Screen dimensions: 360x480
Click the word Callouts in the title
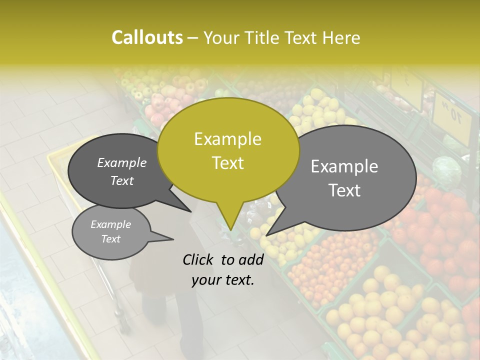coord(147,37)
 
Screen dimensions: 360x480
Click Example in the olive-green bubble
coord(227,139)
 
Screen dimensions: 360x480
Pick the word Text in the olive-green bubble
coord(227,163)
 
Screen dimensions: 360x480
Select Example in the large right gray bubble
coord(344,166)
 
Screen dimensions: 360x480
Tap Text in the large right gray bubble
coord(344,190)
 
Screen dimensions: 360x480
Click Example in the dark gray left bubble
coord(122,162)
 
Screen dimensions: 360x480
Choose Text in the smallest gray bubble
coord(111,239)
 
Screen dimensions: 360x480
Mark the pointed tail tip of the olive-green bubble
coord(230,230)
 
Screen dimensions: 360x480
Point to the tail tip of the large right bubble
coord(266,235)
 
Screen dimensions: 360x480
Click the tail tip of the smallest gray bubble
coord(173,239)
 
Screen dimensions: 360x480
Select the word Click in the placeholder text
coord(198,259)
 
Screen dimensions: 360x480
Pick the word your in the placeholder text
coord(205,280)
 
